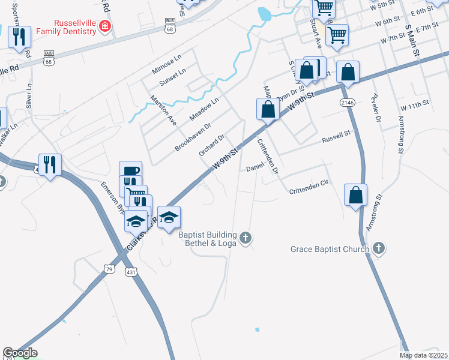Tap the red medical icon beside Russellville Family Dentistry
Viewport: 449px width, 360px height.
pos(106,26)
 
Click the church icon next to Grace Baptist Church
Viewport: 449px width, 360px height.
pos(378,248)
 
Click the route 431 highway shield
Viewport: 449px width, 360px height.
pos(131,272)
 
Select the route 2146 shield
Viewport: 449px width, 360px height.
pos(347,103)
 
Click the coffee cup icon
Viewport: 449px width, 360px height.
pos(130,171)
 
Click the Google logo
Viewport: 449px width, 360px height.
pos(20,353)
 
